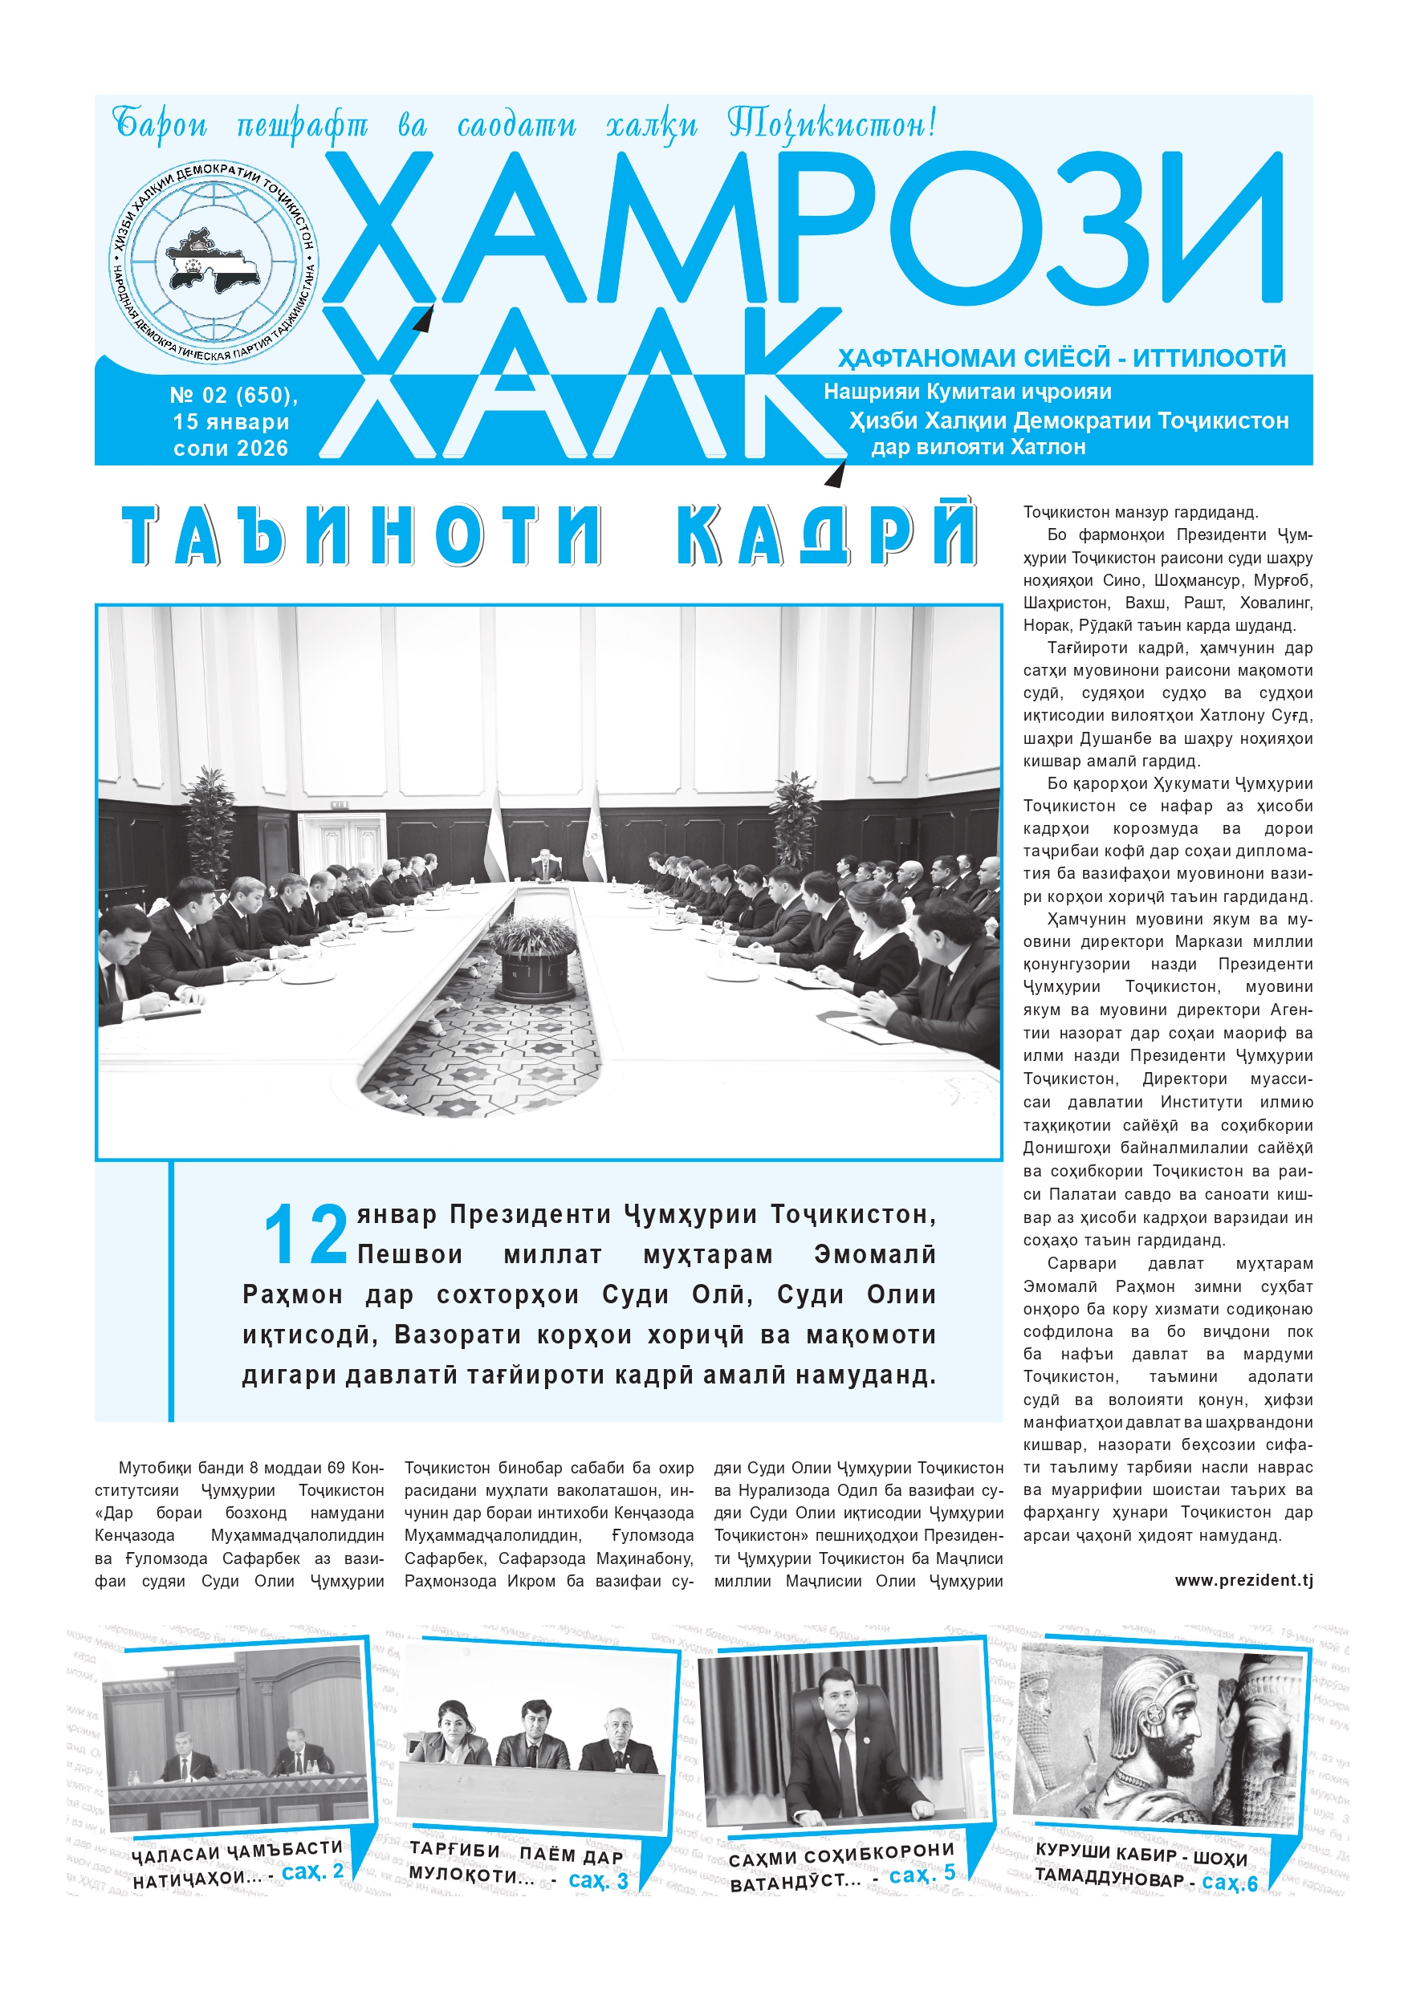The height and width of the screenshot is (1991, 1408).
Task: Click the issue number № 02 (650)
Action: click(x=234, y=396)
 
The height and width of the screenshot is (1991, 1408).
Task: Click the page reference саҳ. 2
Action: click(x=313, y=1871)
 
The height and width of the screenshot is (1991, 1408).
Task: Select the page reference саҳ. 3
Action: click(x=598, y=1880)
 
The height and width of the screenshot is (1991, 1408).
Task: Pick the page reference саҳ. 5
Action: click(x=922, y=1875)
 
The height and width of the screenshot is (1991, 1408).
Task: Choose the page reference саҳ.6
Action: click(x=1229, y=1883)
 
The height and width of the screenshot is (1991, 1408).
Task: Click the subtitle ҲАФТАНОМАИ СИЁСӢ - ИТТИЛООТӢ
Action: click(x=1061, y=357)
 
